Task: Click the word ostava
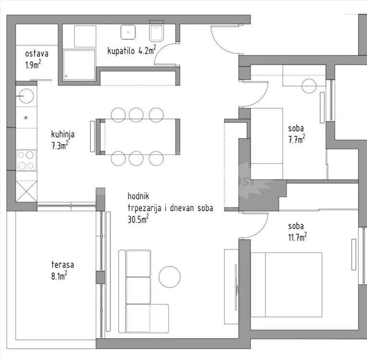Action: pyautogui.click(x=37, y=54)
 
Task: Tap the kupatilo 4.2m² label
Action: pyautogui.click(x=132, y=50)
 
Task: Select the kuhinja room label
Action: pyautogui.click(x=63, y=134)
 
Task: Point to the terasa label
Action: pyautogui.click(x=62, y=264)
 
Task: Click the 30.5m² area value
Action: pyautogui.click(x=138, y=219)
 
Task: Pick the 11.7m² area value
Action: pyautogui.click(x=297, y=237)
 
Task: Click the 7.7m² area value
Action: pyautogui.click(x=296, y=139)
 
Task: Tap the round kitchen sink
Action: pyautogui.click(x=26, y=96)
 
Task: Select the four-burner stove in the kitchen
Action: pyautogui.click(x=26, y=160)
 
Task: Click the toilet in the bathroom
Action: pyautogui.click(x=156, y=33)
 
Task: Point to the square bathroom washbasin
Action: pyautogui.click(x=128, y=32)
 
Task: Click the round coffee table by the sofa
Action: pyautogui.click(x=170, y=277)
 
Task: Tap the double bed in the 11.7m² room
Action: pyautogui.click(x=286, y=285)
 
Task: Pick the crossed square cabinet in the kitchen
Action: pyautogui.click(x=26, y=191)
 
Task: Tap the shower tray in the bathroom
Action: pyautogui.click(x=79, y=65)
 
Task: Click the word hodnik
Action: pyautogui.click(x=138, y=196)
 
